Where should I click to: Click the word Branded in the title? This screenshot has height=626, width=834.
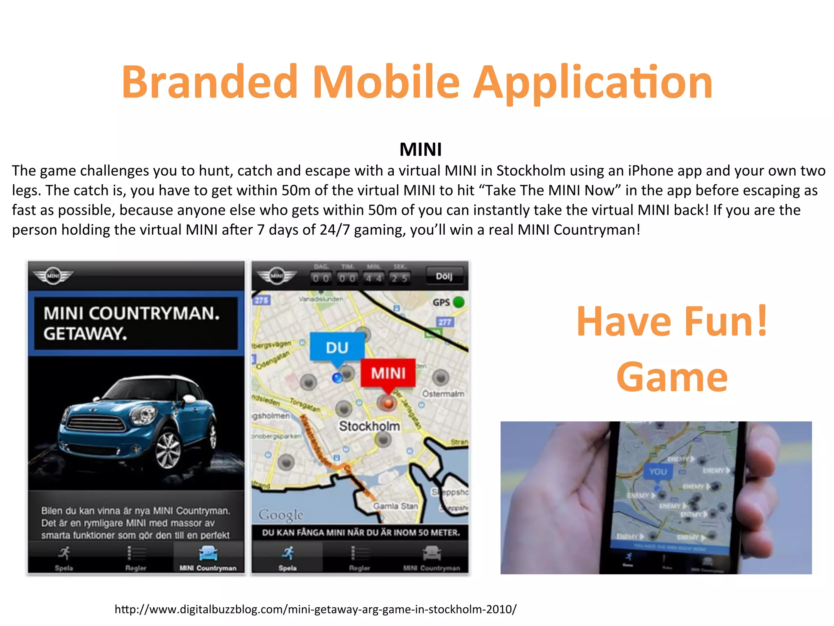coord(210,82)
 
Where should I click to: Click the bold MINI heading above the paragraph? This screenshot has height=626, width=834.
coord(420,150)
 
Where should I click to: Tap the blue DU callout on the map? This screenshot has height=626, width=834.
coord(337,347)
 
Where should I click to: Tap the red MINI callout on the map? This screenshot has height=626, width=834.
coord(388,373)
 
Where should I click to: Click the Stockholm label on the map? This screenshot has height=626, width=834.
coord(369,426)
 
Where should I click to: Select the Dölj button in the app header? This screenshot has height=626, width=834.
coord(444,276)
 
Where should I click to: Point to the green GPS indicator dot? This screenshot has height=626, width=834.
coord(459,302)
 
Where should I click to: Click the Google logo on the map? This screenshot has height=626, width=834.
coord(281,515)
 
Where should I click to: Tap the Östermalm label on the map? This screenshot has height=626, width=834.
coord(443,394)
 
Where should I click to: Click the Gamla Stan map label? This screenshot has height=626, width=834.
coord(395,506)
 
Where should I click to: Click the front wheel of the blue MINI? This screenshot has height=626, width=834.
coord(167,450)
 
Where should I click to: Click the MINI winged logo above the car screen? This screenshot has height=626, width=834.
coord(53,276)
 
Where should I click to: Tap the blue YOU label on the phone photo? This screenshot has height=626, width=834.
coord(658,472)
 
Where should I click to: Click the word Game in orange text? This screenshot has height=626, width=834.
coord(672,377)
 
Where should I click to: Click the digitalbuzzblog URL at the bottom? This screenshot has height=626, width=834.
coord(315,609)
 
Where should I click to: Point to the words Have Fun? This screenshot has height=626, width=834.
coord(672,322)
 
